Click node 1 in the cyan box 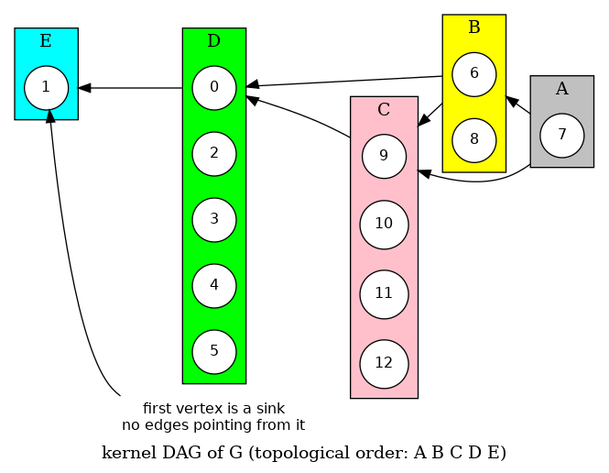click(46, 88)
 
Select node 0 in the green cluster click(214, 88)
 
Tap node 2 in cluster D click(214, 153)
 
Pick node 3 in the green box click(214, 219)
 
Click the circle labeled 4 click(214, 285)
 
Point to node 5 click(214, 351)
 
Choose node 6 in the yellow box click(474, 74)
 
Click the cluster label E click(46, 40)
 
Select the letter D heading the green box click(214, 40)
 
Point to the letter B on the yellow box click(474, 27)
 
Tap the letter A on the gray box click(562, 88)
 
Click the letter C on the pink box click(385, 110)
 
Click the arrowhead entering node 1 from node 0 click(84, 88)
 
